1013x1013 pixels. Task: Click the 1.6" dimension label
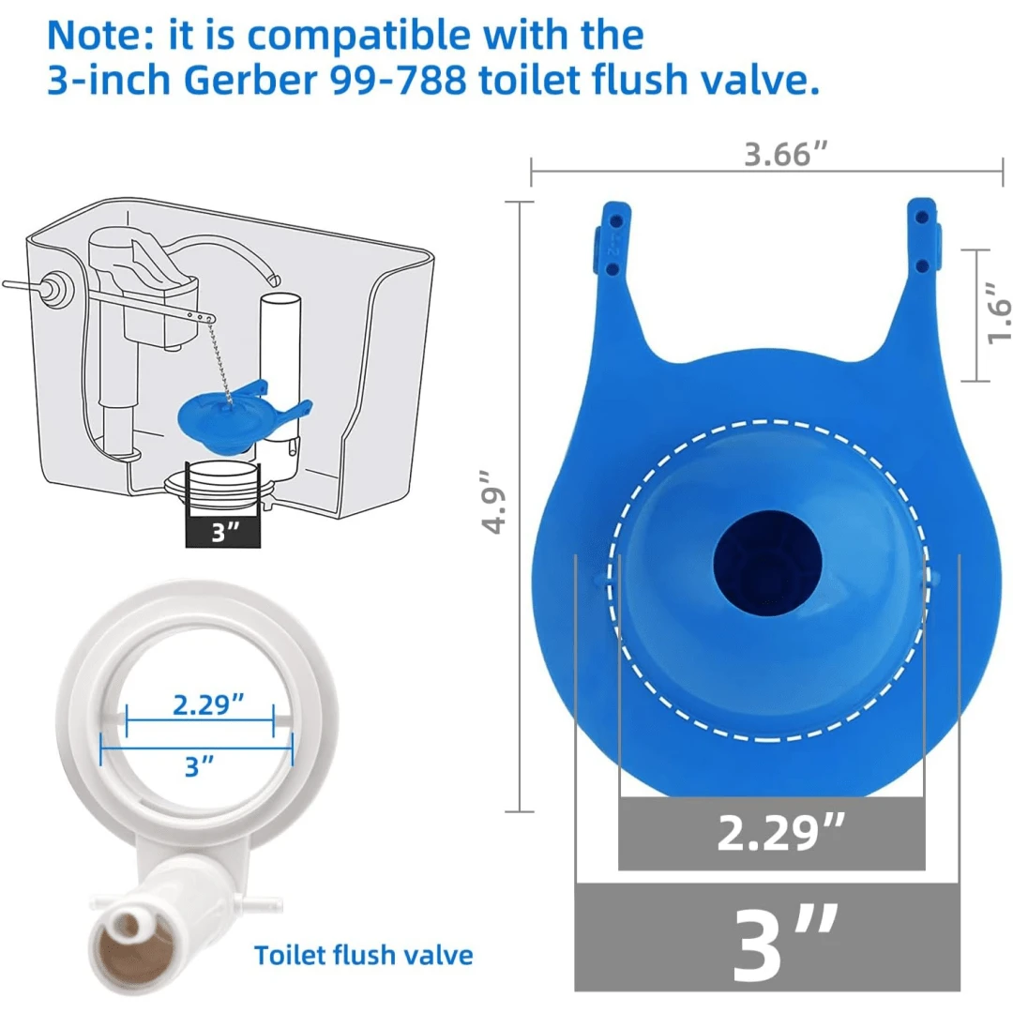pos(997,316)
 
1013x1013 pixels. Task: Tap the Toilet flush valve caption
pos(364,955)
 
